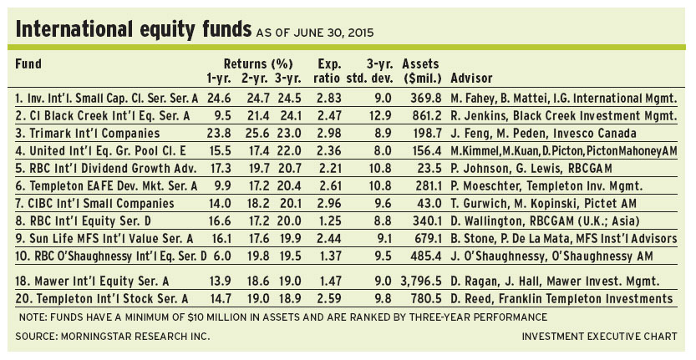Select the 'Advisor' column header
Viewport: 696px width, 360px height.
click(x=474, y=79)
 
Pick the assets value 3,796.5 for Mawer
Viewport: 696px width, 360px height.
click(x=424, y=279)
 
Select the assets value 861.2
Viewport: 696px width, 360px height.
click(x=427, y=114)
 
